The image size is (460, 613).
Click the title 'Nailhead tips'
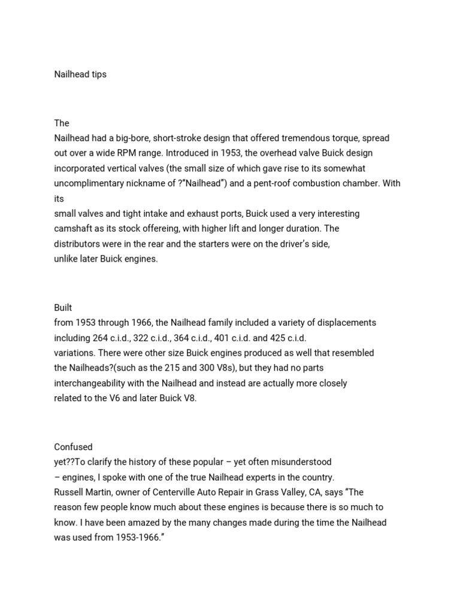point(80,75)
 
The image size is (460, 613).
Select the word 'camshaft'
point(72,229)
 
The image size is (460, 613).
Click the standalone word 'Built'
point(63,308)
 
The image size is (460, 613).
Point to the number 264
point(101,338)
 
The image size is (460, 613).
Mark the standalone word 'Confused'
point(73,447)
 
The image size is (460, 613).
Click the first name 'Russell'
point(69,492)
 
